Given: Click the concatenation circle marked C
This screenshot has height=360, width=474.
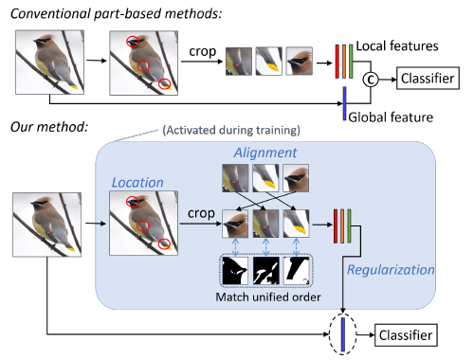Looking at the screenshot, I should point(372,80).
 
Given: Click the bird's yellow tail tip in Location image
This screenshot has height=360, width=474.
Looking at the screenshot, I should point(167,244).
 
